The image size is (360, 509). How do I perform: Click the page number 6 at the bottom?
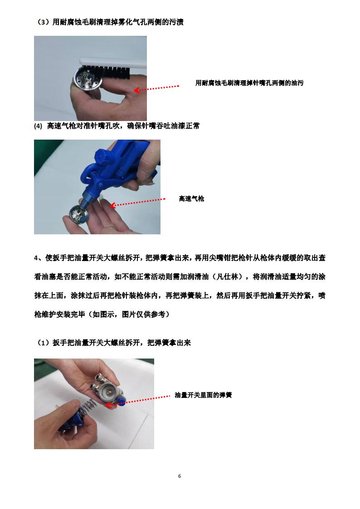click(x=180, y=476)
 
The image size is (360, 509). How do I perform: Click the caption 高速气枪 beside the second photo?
click(x=191, y=199)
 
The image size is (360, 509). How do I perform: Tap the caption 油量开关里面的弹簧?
click(x=203, y=395)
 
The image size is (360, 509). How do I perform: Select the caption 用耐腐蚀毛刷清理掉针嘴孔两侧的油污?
click(x=249, y=83)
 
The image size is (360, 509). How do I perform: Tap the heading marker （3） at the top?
click(x=43, y=22)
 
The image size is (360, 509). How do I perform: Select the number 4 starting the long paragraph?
click(x=36, y=258)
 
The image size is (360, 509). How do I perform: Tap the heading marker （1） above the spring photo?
click(x=43, y=343)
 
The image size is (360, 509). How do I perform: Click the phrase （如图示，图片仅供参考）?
click(x=129, y=314)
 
